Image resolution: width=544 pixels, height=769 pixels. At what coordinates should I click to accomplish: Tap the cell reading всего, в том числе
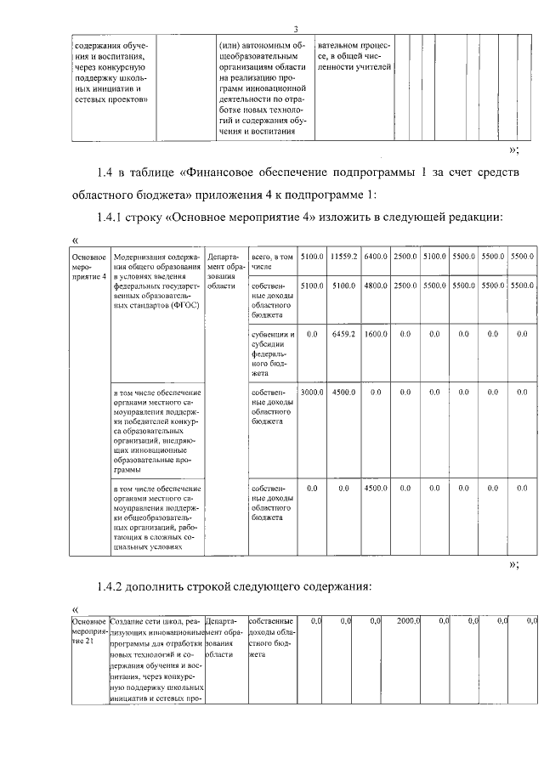coord(272,262)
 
